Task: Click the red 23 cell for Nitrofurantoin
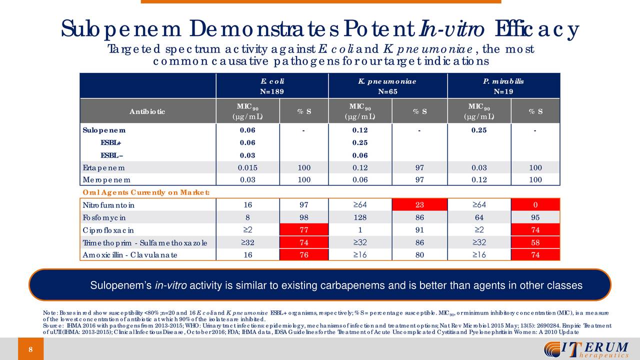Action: point(419,205)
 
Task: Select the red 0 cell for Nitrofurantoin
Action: point(535,205)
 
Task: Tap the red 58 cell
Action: point(535,242)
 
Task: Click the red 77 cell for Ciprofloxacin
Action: point(304,230)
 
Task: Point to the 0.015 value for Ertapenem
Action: point(248,167)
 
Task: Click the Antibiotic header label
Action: point(147,111)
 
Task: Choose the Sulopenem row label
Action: point(104,130)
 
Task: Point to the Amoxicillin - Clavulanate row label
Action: point(130,255)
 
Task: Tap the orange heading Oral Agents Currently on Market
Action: point(145,192)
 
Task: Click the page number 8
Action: point(30,349)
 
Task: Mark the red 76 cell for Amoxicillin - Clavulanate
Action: point(304,255)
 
